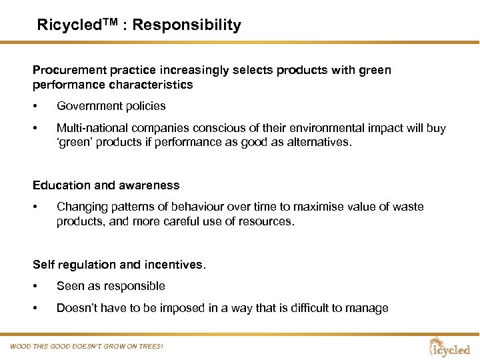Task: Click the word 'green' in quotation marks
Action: point(74,142)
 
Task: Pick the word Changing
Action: point(82,207)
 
